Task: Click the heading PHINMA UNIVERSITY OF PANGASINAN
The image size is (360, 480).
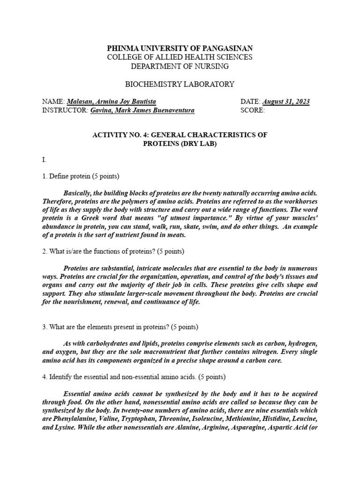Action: [180, 48]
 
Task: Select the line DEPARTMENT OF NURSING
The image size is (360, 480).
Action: [180, 66]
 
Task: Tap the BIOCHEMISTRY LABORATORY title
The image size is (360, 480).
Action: [180, 84]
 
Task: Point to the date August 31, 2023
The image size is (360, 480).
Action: [286, 102]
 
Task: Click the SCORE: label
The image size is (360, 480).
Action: [252, 111]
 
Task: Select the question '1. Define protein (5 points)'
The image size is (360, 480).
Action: [81, 176]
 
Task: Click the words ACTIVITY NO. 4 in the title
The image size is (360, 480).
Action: [119, 135]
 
